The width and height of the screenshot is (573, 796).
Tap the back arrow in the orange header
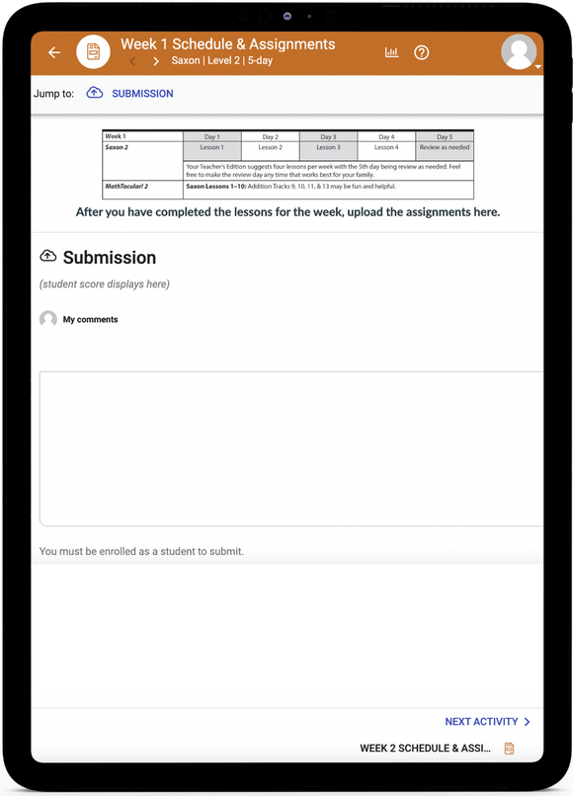tap(54, 52)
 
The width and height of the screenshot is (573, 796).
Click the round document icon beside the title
tap(93, 52)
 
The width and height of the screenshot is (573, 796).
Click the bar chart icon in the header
tap(392, 52)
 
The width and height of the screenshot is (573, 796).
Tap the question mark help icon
tap(422, 52)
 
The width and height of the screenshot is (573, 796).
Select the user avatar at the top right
tap(519, 52)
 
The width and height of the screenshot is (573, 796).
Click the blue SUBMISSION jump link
tap(141, 94)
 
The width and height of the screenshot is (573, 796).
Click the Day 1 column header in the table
tap(211, 136)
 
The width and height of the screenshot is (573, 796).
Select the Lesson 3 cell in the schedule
tap(328, 147)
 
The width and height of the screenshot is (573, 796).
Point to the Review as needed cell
tap(445, 147)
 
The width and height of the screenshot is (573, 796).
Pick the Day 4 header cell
tap(386, 136)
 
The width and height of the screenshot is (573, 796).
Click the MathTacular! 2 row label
tap(126, 186)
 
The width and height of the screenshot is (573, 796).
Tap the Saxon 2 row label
tap(119, 147)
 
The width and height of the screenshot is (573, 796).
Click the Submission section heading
tap(109, 258)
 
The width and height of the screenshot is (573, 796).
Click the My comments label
tap(90, 320)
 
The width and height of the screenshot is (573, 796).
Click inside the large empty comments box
tap(291, 448)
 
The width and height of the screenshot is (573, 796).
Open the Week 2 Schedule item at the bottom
tap(426, 749)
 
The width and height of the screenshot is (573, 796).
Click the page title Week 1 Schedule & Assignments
tap(227, 44)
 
